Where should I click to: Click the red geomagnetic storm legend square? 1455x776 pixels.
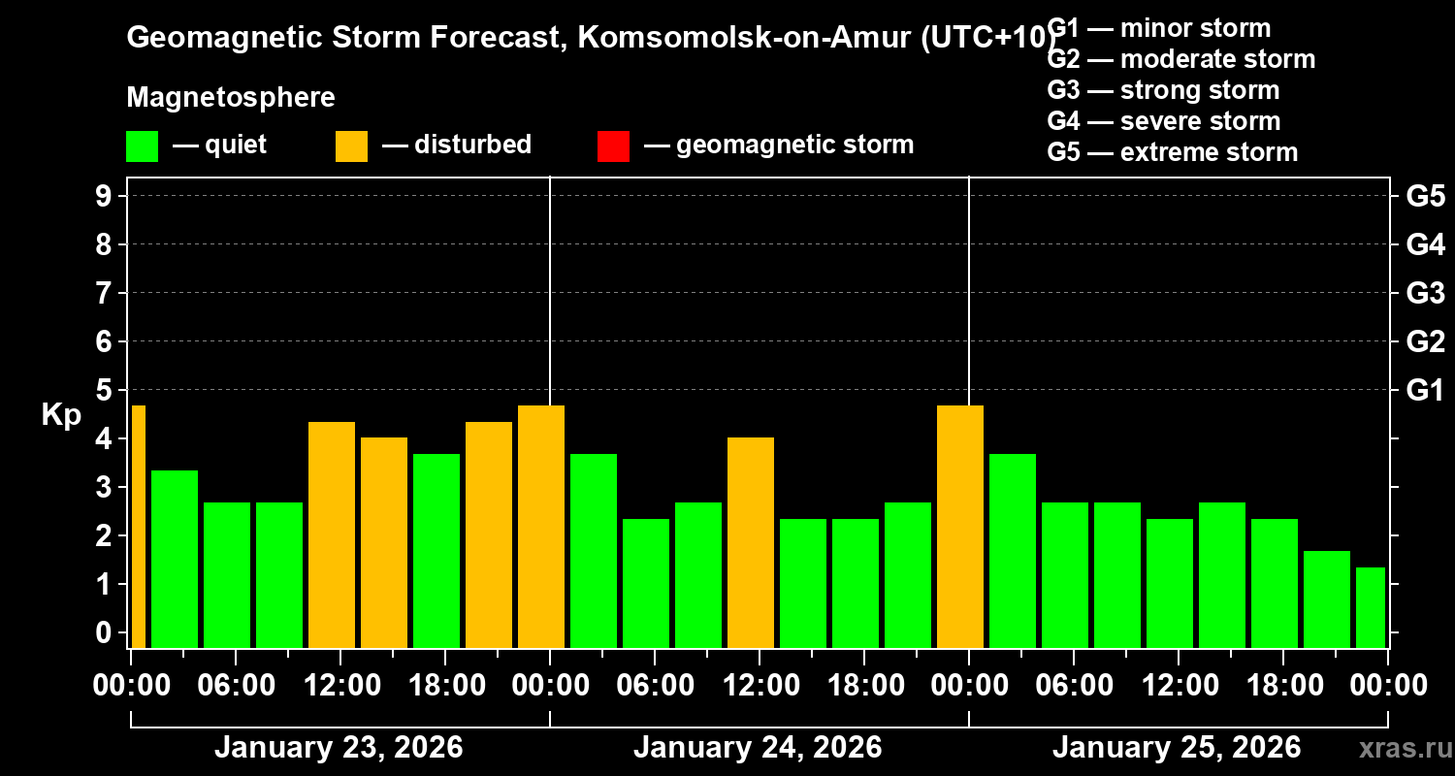click(613, 145)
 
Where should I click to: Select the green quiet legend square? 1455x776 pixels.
click(142, 145)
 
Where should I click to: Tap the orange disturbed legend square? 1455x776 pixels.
click(351, 145)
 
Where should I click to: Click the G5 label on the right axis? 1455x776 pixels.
click(1425, 197)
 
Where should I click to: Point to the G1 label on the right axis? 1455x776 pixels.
click(1425, 391)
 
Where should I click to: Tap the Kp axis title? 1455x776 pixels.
click(61, 415)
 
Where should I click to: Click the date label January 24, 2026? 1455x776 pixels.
click(758, 748)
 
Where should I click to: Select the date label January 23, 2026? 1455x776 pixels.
click(339, 748)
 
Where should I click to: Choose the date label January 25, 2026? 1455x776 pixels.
click(1177, 748)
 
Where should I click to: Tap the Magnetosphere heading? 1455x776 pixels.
click(231, 98)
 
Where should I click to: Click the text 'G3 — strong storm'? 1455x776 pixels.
click(1163, 90)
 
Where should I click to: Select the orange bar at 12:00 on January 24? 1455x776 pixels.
click(751, 542)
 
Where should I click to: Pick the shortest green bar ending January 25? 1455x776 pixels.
click(1371, 607)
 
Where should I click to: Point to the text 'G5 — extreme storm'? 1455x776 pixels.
click(1172, 152)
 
